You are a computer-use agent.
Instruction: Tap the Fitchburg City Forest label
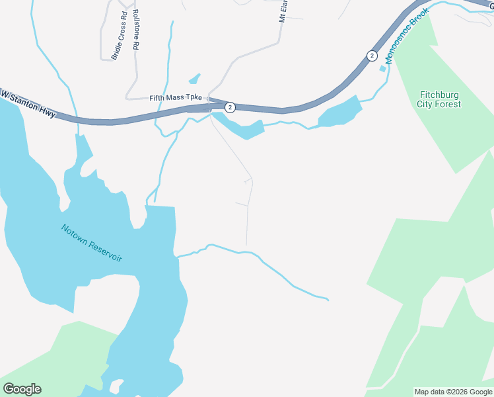pyautogui.click(x=439, y=99)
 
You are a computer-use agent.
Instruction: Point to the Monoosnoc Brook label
pyautogui.click(x=407, y=35)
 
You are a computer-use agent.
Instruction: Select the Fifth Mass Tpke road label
pyautogui.click(x=175, y=98)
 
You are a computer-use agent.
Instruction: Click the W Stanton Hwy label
pyautogui.click(x=27, y=105)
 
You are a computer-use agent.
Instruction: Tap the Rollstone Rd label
pyautogui.click(x=136, y=30)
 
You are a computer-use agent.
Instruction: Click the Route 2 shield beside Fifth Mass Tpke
pyautogui.click(x=230, y=107)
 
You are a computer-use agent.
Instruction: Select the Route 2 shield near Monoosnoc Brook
pyautogui.click(x=372, y=56)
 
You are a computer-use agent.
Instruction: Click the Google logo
pyautogui.click(x=22, y=389)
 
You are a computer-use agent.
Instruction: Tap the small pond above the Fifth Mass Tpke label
pyautogui.click(x=194, y=79)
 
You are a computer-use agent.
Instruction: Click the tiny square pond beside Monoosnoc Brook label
pyautogui.click(x=382, y=69)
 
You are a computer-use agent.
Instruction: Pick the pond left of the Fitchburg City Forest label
pyautogui.click(x=341, y=112)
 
